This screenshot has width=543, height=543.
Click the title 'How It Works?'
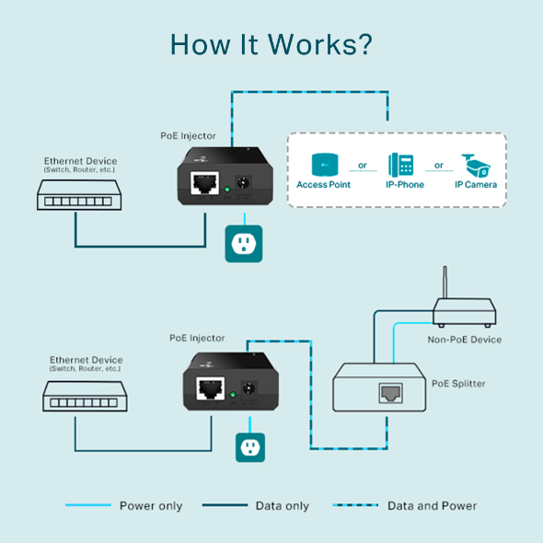click(x=271, y=44)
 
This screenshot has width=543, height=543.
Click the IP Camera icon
click(x=477, y=163)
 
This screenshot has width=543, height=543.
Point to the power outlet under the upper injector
click(x=244, y=244)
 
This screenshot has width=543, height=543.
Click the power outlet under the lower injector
click(x=246, y=446)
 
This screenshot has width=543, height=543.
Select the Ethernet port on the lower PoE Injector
click(x=213, y=387)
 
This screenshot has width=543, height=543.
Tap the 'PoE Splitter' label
click(x=458, y=383)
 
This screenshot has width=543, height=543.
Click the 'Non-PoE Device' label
click(x=465, y=340)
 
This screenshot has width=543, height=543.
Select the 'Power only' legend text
click(x=151, y=506)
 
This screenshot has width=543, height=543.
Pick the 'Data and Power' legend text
click(x=432, y=506)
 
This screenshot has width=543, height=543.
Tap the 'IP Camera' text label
click(x=476, y=185)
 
